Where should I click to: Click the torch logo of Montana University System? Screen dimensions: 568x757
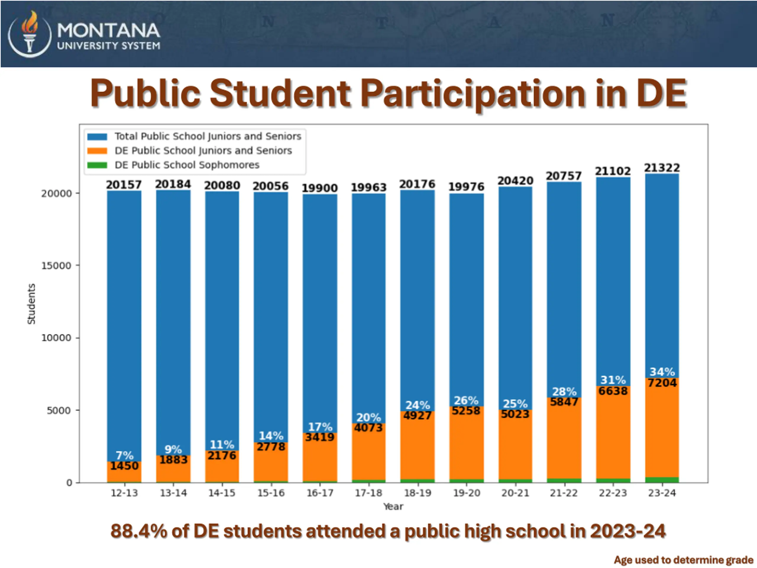(x=30, y=33)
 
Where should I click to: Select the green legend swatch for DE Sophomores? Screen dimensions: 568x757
(x=97, y=165)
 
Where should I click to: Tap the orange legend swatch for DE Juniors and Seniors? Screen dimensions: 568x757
(x=97, y=151)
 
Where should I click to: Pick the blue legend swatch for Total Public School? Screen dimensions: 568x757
(x=97, y=136)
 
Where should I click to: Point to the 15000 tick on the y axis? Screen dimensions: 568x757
(x=57, y=266)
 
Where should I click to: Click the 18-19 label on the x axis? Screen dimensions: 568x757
(x=418, y=493)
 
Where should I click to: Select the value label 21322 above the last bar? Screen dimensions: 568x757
(x=662, y=168)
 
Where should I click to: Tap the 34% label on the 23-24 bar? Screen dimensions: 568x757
(x=662, y=372)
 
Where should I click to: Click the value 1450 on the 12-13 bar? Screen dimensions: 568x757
(x=124, y=466)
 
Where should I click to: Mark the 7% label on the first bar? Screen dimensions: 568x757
(x=124, y=455)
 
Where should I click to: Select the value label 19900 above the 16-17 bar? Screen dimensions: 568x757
(x=320, y=188)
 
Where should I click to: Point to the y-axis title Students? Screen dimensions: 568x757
(x=31, y=304)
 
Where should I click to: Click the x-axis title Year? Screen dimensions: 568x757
(x=393, y=506)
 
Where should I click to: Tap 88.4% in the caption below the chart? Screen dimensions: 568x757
(x=138, y=531)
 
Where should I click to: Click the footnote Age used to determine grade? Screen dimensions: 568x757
(x=683, y=560)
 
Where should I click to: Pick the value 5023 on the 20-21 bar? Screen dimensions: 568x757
(x=515, y=414)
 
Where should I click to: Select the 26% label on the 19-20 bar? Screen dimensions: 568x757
(x=466, y=400)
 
